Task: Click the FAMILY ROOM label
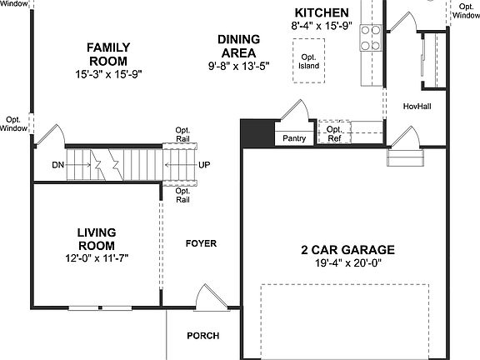coord(107,54)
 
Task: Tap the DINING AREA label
coord(238,45)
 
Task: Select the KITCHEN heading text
coord(322,12)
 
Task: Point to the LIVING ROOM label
coord(97,238)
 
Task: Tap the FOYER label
coord(201,243)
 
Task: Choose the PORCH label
coord(202,336)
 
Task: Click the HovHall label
coord(417,107)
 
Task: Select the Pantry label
coord(294,138)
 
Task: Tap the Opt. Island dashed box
coord(310,60)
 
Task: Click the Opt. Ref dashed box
coord(333,132)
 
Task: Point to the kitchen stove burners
coord(370,37)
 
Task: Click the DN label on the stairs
coord(57,165)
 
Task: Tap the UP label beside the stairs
coord(204,165)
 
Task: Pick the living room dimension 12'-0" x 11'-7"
coord(97,258)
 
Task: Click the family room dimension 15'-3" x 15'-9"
coord(107,73)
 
